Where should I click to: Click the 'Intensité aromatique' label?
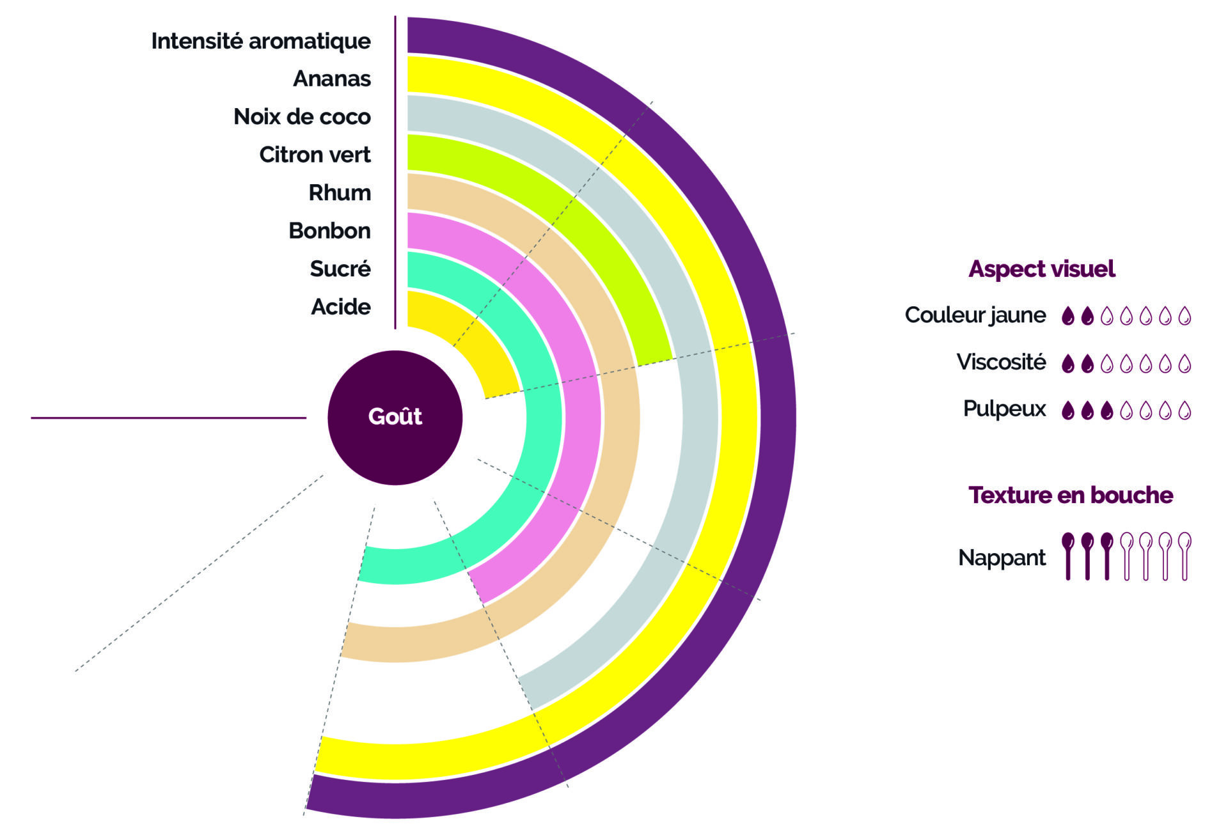tap(261, 41)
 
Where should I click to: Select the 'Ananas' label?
tap(332, 79)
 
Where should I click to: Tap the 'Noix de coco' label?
tap(302, 116)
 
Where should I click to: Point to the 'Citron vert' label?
tap(315, 155)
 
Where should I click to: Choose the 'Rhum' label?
tap(340, 192)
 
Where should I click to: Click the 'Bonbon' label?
tap(329, 231)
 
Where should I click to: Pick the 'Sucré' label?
tap(340, 269)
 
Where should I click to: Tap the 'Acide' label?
tap(341, 307)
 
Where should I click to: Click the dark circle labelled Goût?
tap(395, 417)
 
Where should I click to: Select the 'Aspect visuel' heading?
tap(1042, 269)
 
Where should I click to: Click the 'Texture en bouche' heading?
tap(1071, 495)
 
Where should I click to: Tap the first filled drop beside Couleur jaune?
tap(1067, 316)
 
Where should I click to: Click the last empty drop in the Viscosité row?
tap(1185, 364)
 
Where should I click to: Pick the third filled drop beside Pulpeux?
tap(1107, 410)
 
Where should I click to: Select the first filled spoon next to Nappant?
tap(1067, 556)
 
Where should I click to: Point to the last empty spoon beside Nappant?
tap(1185, 556)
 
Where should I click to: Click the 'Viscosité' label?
tap(1001, 363)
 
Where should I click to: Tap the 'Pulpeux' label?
tap(1004, 409)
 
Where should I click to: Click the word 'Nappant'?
tap(1002, 558)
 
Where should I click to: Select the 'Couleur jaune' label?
tap(975, 315)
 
